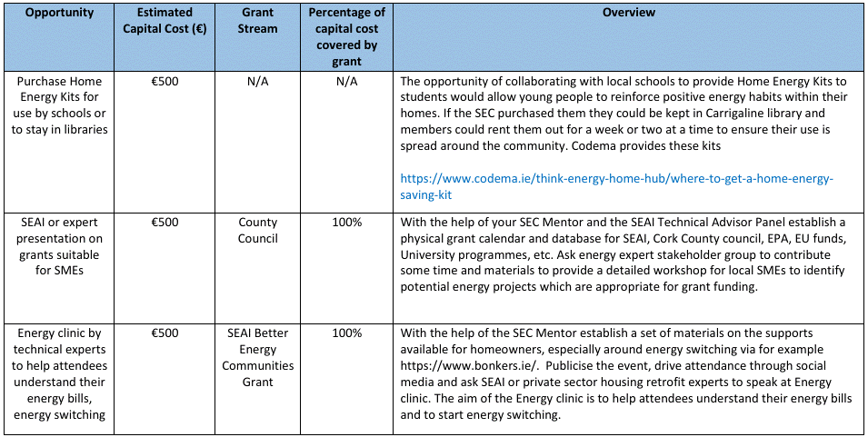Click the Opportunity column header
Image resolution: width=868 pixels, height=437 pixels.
60,14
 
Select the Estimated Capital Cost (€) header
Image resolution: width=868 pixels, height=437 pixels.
164,21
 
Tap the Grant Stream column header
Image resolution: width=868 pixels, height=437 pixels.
257,21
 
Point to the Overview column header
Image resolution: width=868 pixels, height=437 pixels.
628,14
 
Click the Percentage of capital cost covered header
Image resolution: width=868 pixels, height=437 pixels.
346,37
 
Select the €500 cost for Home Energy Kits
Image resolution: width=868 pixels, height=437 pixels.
164,81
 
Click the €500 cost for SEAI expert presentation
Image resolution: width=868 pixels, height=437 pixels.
164,222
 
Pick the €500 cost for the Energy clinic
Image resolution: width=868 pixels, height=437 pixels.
164,333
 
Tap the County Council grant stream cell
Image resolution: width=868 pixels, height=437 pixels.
257,230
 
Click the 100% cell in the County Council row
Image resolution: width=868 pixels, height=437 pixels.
346,222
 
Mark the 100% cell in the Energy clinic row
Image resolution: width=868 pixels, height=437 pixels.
346,333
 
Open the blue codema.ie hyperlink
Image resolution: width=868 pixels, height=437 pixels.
616,186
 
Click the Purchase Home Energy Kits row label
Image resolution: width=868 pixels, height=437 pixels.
60,105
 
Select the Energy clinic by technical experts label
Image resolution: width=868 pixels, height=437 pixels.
60,373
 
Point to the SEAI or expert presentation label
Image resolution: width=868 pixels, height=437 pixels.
60,245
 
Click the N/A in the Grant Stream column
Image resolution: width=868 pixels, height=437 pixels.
257,81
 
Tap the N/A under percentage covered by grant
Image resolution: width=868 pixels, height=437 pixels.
346,81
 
